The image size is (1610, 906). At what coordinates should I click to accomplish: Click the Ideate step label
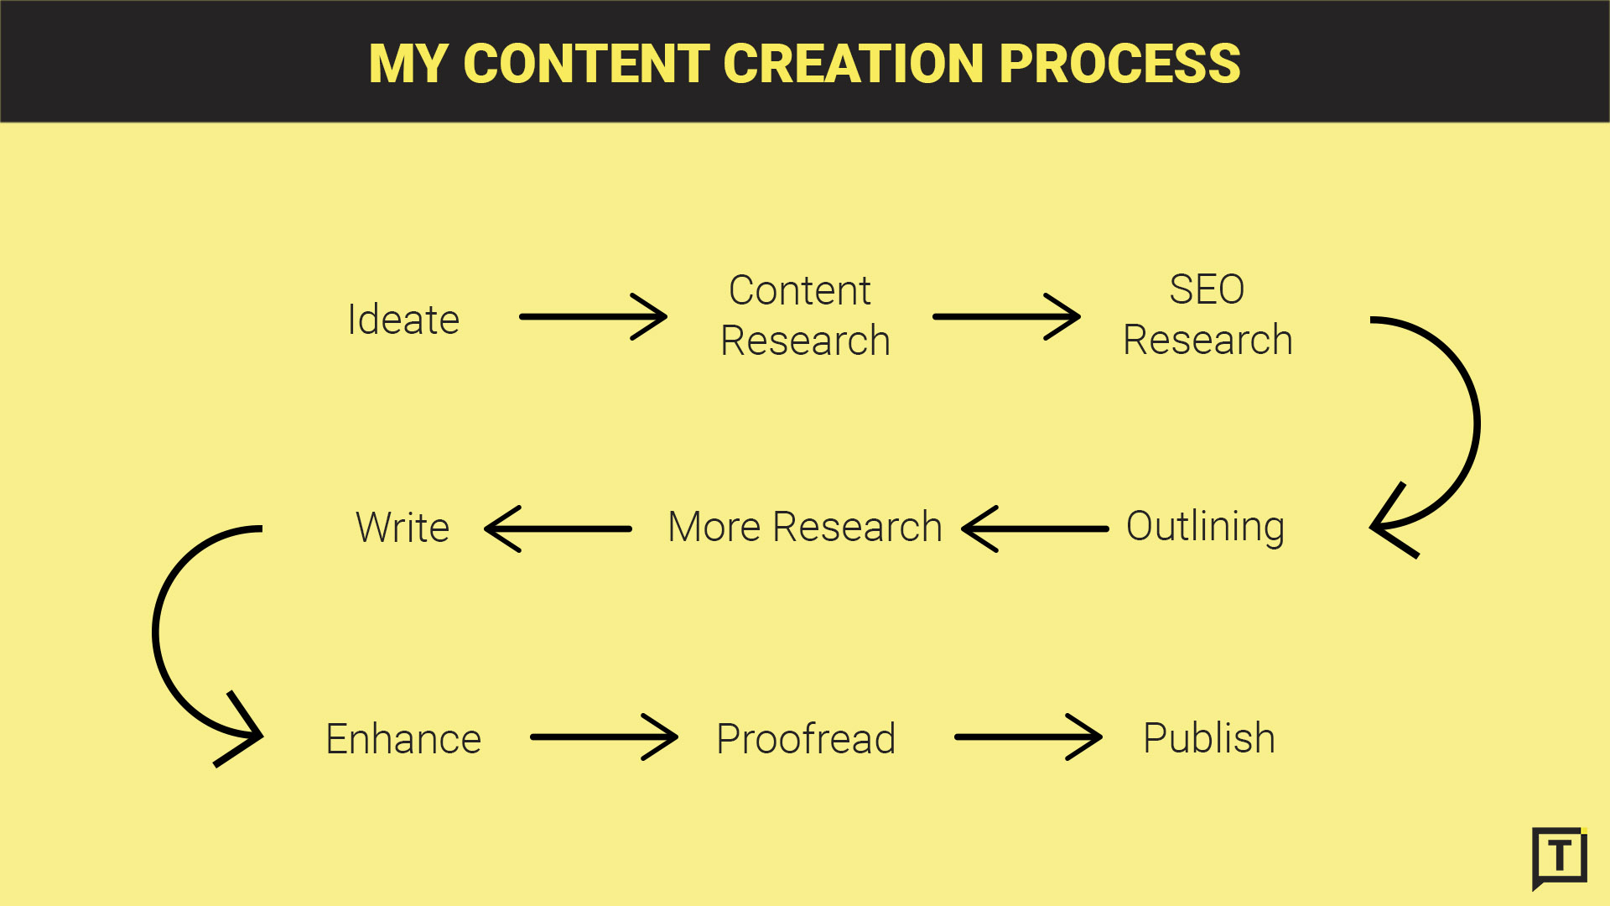[x=403, y=320]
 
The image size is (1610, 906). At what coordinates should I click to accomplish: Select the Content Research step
[x=805, y=315]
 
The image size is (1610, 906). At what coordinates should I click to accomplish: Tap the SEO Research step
[x=1207, y=315]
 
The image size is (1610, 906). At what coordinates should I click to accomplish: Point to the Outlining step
[x=1205, y=528]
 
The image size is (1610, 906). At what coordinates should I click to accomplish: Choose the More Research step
[x=805, y=527]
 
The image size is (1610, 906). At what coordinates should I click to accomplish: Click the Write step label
[x=402, y=528]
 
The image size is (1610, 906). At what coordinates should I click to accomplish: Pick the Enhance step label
[x=403, y=739]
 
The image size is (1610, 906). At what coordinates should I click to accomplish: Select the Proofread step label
[x=806, y=739]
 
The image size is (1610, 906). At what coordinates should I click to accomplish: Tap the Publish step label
[x=1209, y=738]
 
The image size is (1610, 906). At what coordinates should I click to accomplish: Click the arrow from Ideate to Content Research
[x=593, y=316]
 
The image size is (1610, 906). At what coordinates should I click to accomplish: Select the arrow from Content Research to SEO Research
[x=1006, y=316]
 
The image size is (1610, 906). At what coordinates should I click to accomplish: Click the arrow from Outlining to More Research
[x=1035, y=528]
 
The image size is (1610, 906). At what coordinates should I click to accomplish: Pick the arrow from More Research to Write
[x=558, y=528]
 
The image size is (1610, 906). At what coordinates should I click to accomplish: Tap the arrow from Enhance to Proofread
[x=604, y=737]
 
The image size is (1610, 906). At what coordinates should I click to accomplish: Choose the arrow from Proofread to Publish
[x=1028, y=737]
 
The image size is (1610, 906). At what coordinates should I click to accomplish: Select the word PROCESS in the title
[x=1120, y=64]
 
